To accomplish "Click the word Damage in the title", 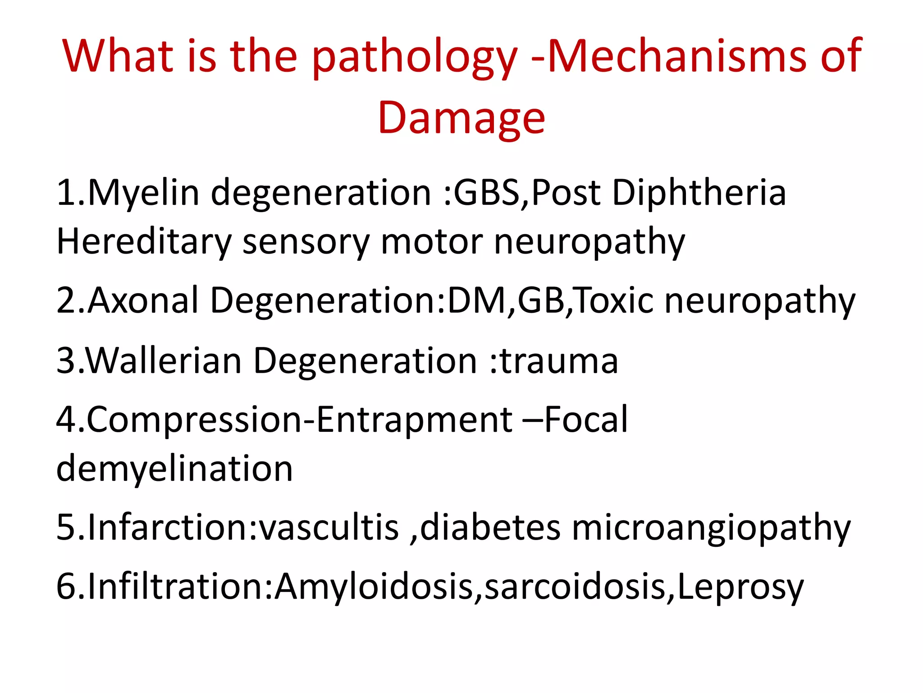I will point(461,118).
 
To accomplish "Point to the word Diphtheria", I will point(699,193).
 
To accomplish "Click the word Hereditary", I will point(144,243).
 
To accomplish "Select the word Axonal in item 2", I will point(143,300).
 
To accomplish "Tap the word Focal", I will point(586,420).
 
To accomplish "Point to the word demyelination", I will point(174,469).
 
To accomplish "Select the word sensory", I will point(306,243).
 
